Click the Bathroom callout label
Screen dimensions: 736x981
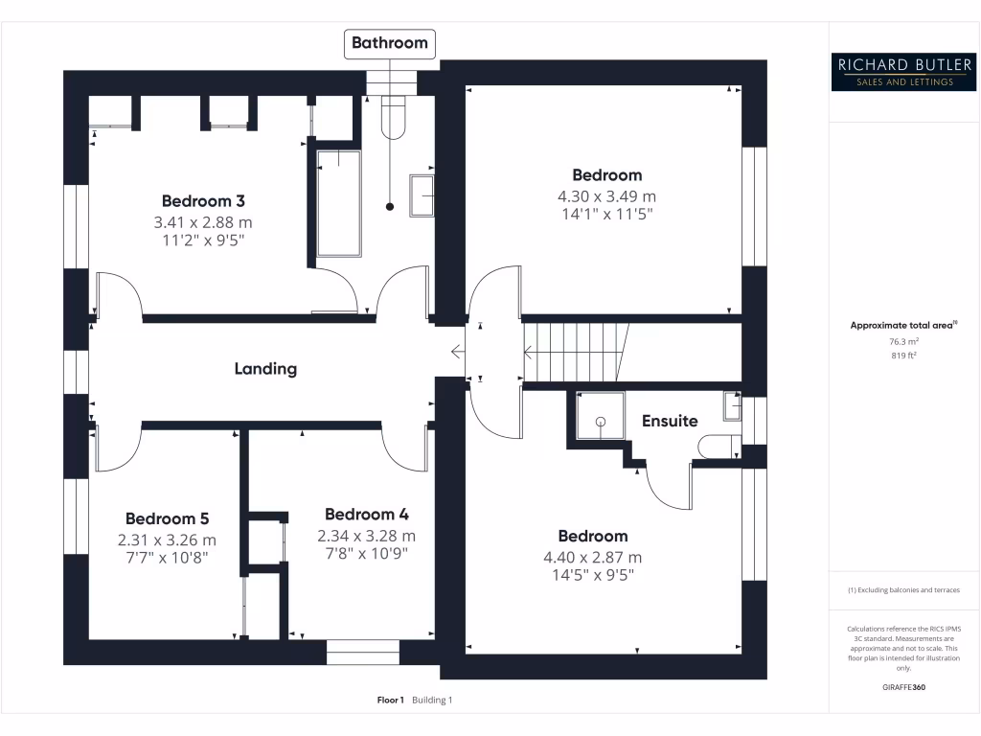pos(389,42)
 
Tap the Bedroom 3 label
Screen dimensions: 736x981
pos(203,201)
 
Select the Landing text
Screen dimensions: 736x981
pos(265,368)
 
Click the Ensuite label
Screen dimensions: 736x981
pos(670,421)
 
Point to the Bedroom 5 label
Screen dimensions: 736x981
pos(167,517)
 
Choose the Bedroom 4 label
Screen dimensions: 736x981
pos(367,515)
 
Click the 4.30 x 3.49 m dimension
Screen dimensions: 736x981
pos(606,195)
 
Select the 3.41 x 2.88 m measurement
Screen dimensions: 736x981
pos(203,221)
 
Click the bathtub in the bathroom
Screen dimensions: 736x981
pos(338,202)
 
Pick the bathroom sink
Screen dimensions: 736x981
pos(422,195)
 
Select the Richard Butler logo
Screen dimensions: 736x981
pos(904,72)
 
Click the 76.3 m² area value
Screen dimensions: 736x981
pos(904,341)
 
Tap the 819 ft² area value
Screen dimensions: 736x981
pos(904,356)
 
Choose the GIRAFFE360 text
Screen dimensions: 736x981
pos(904,687)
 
